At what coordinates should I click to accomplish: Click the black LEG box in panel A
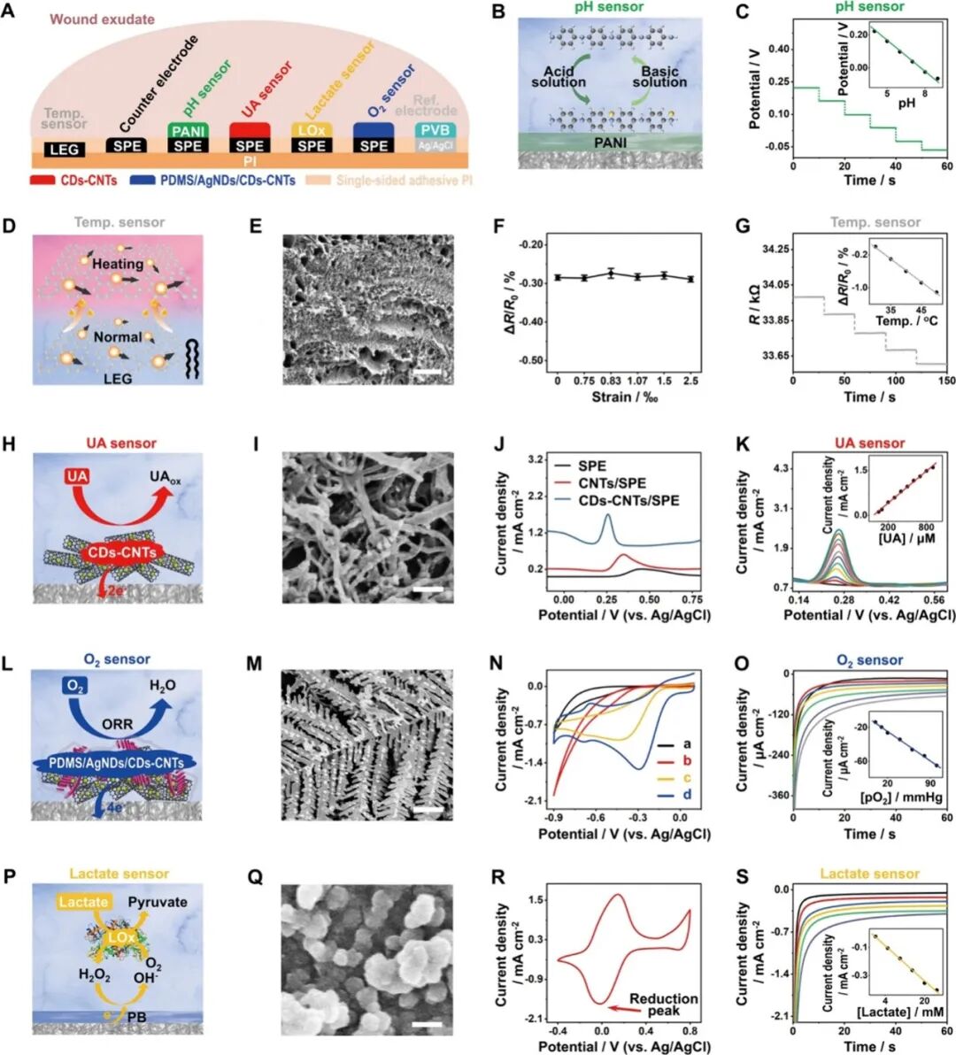64,150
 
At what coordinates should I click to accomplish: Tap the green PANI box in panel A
187,131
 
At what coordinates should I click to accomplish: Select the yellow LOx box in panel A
311,130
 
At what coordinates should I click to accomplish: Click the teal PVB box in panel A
436,130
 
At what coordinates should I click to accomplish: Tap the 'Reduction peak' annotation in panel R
663,1005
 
